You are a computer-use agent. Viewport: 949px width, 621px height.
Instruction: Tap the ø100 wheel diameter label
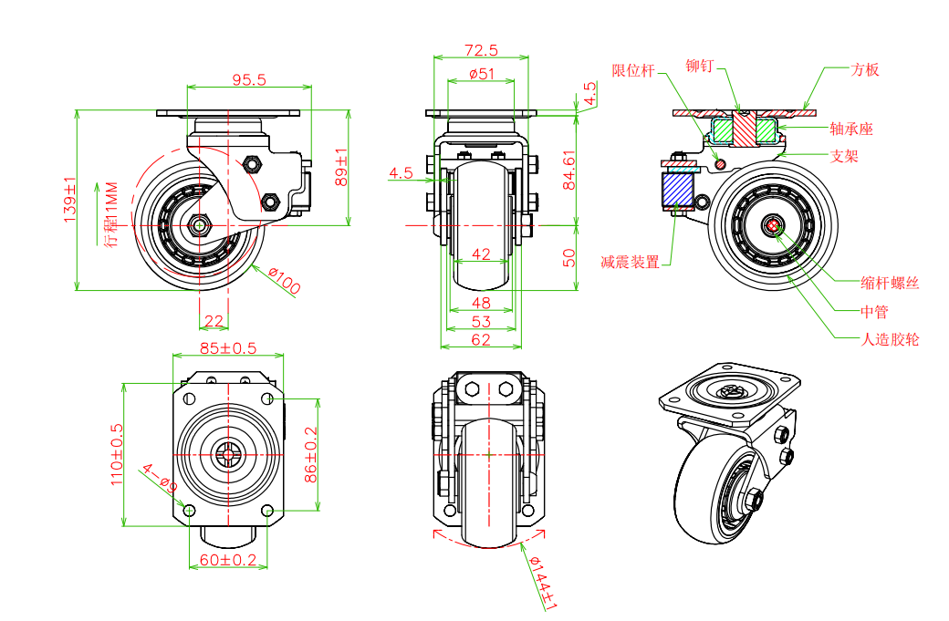285,283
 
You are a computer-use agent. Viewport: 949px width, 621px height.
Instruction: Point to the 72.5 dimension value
481,50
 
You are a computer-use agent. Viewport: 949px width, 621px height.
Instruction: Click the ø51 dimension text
481,74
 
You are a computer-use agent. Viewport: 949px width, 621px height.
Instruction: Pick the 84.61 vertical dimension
569,170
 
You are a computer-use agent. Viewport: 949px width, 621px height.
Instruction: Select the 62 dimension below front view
481,339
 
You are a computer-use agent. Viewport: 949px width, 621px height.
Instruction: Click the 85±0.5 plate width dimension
228,348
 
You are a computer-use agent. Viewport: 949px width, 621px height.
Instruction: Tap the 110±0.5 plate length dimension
117,453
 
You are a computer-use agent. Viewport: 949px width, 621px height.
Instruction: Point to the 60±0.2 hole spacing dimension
229,560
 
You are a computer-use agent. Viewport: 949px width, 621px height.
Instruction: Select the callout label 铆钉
700,67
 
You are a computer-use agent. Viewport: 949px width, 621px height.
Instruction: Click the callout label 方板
865,69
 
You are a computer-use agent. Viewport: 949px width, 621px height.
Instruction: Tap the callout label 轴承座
851,129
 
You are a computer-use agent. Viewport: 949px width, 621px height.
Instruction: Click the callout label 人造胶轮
891,339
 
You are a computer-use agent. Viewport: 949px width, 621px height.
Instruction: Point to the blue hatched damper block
676,190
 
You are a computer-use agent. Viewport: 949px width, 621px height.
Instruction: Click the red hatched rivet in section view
746,129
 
